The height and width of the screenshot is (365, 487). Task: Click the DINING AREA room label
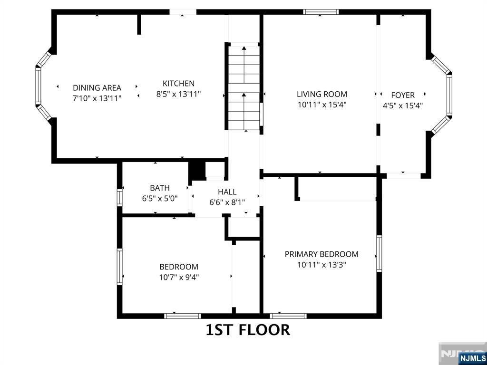point(97,88)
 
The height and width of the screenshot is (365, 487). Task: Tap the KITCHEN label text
point(179,84)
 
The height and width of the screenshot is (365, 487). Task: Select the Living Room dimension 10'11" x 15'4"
point(322,105)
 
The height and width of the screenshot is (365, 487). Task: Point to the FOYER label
point(403,95)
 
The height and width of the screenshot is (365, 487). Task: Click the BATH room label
point(160,188)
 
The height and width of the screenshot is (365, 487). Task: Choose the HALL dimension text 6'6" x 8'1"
point(227,202)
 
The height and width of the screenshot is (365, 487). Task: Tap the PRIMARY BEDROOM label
point(322,254)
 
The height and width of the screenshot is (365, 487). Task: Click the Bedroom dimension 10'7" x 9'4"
point(179,277)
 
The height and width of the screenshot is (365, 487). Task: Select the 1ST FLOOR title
point(248,330)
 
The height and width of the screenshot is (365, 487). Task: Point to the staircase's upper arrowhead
point(244,48)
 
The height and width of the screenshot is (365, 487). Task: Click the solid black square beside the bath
point(197,171)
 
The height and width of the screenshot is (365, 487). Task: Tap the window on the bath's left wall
point(119,197)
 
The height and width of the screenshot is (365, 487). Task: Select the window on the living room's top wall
point(321,12)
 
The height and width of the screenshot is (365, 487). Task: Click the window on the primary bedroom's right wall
point(379,254)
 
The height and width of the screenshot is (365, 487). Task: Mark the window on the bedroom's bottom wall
point(182,316)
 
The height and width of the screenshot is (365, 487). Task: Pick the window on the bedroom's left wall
point(119,267)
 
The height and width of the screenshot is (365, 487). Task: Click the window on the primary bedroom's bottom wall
point(288,316)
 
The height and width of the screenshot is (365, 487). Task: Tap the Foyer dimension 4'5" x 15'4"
point(403,106)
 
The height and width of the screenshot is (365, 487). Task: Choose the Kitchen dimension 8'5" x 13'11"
point(179,94)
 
